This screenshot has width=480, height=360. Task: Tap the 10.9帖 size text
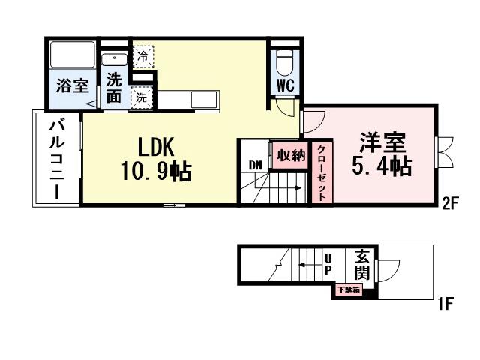pyautogui.click(x=155, y=172)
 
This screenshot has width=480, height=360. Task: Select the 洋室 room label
pyautogui.click(x=382, y=141)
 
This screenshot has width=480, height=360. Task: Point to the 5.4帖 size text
pyautogui.click(x=382, y=166)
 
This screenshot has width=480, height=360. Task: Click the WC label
pyautogui.click(x=286, y=85)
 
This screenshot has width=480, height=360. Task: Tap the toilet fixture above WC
pyautogui.click(x=286, y=58)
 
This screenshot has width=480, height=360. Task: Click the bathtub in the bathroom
pyautogui.click(x=71, y=55)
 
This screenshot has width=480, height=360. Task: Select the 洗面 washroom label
pyautogui.click(x=113, y=85)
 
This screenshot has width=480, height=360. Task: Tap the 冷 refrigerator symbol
pyautogui.click(x=142, y=55)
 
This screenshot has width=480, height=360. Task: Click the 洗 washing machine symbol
pyautogui.click(x=140, y=96)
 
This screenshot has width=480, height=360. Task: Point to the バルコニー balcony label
pyautogui.click(x=56, y=159)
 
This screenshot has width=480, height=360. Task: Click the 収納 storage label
pyautogui.click(x=290, y=155)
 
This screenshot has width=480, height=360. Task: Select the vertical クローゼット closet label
pyautogui.click(x=320, y=173)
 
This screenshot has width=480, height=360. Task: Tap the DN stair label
pyautogui.click(x=254, y=165)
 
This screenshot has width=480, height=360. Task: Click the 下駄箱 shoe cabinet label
pyautogui.click(x=347, y=289)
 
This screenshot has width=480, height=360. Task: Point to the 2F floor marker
pyautogui.click(x=449, y=202)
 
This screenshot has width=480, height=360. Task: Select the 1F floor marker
pyautogui.click(x=445, y=304)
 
